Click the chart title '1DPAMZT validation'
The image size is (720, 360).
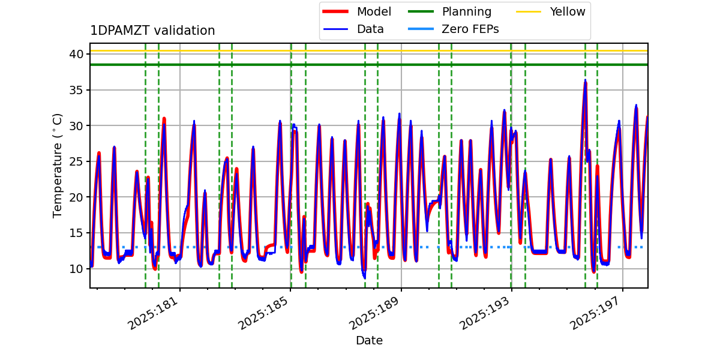point(152,31)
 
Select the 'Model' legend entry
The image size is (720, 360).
point(373,11)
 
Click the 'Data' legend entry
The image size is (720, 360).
point(370,29)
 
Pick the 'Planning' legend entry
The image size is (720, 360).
point(466,11)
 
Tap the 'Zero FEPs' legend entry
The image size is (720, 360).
point(470,29)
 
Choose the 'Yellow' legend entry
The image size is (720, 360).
point(567,11)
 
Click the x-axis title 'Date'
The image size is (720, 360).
point(369,340)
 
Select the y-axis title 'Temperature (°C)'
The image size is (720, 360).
point(58,165)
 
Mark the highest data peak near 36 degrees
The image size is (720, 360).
point(585,80)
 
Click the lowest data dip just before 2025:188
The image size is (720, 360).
point(364,277)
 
